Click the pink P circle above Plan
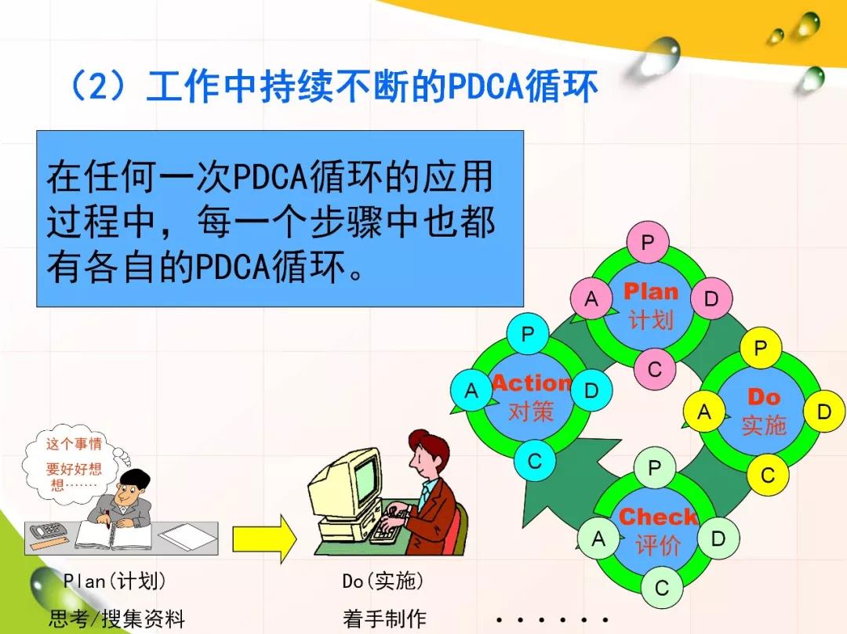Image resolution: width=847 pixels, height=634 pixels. [x=648, y=242]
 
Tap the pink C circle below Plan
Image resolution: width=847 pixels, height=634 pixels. [x=655, y=369]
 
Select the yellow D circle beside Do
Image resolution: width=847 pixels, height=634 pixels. [x=823, y=411]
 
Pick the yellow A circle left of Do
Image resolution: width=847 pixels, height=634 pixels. [x=703, y=411]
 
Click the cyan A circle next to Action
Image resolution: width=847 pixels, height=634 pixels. [x=471, y=389]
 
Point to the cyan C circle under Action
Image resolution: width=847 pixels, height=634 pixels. [x=534, y=461]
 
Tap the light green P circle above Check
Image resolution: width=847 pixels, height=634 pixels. [x=654, y=467]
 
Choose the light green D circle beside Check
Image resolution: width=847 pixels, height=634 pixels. [x=718, y=538]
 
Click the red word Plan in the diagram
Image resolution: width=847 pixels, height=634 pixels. [x=651, y=292]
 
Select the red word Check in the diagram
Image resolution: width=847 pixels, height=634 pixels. [x=658, y=516]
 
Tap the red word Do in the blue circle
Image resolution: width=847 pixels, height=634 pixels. [x=764, y=397]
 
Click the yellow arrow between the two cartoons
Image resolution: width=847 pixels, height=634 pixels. [x=264, y=538]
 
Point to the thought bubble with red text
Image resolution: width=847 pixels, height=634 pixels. [x=73, y=463]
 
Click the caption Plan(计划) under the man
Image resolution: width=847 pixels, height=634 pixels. [x=115, y=581]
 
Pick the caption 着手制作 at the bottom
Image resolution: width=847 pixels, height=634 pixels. [x=384, y=618]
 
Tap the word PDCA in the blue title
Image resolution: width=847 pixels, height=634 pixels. [x=485, y=86]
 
